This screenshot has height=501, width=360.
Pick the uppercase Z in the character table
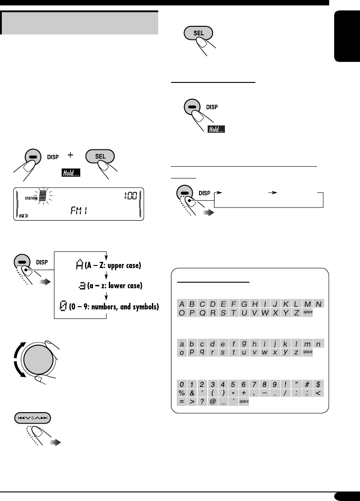(x=296, y=313)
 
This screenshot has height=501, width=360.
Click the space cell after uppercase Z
(x=307, y=313)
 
